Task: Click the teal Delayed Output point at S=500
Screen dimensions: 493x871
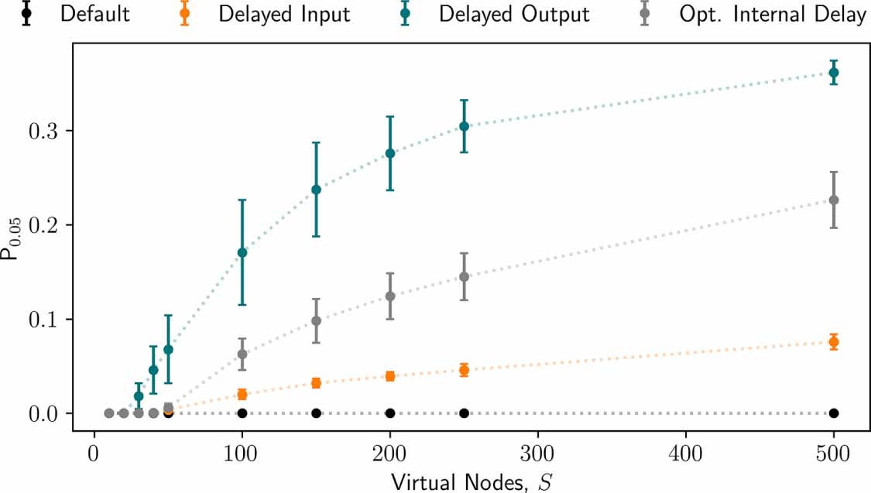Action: (834, 72)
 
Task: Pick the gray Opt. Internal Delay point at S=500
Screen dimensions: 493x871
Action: (834, 200)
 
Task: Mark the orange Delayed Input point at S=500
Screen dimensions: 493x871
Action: (834, 341)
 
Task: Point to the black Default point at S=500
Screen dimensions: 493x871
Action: (834, 413)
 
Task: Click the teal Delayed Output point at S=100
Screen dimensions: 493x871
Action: (242, 252)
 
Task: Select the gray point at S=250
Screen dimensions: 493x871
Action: (464, 276)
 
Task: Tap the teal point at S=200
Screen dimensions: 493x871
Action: (390, 153)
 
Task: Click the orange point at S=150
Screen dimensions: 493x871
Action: (316, 382)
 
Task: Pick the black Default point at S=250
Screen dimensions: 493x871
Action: (464, 413)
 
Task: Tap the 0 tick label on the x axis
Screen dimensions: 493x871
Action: (94, 451)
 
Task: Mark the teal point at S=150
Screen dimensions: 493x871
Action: (316, 190)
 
